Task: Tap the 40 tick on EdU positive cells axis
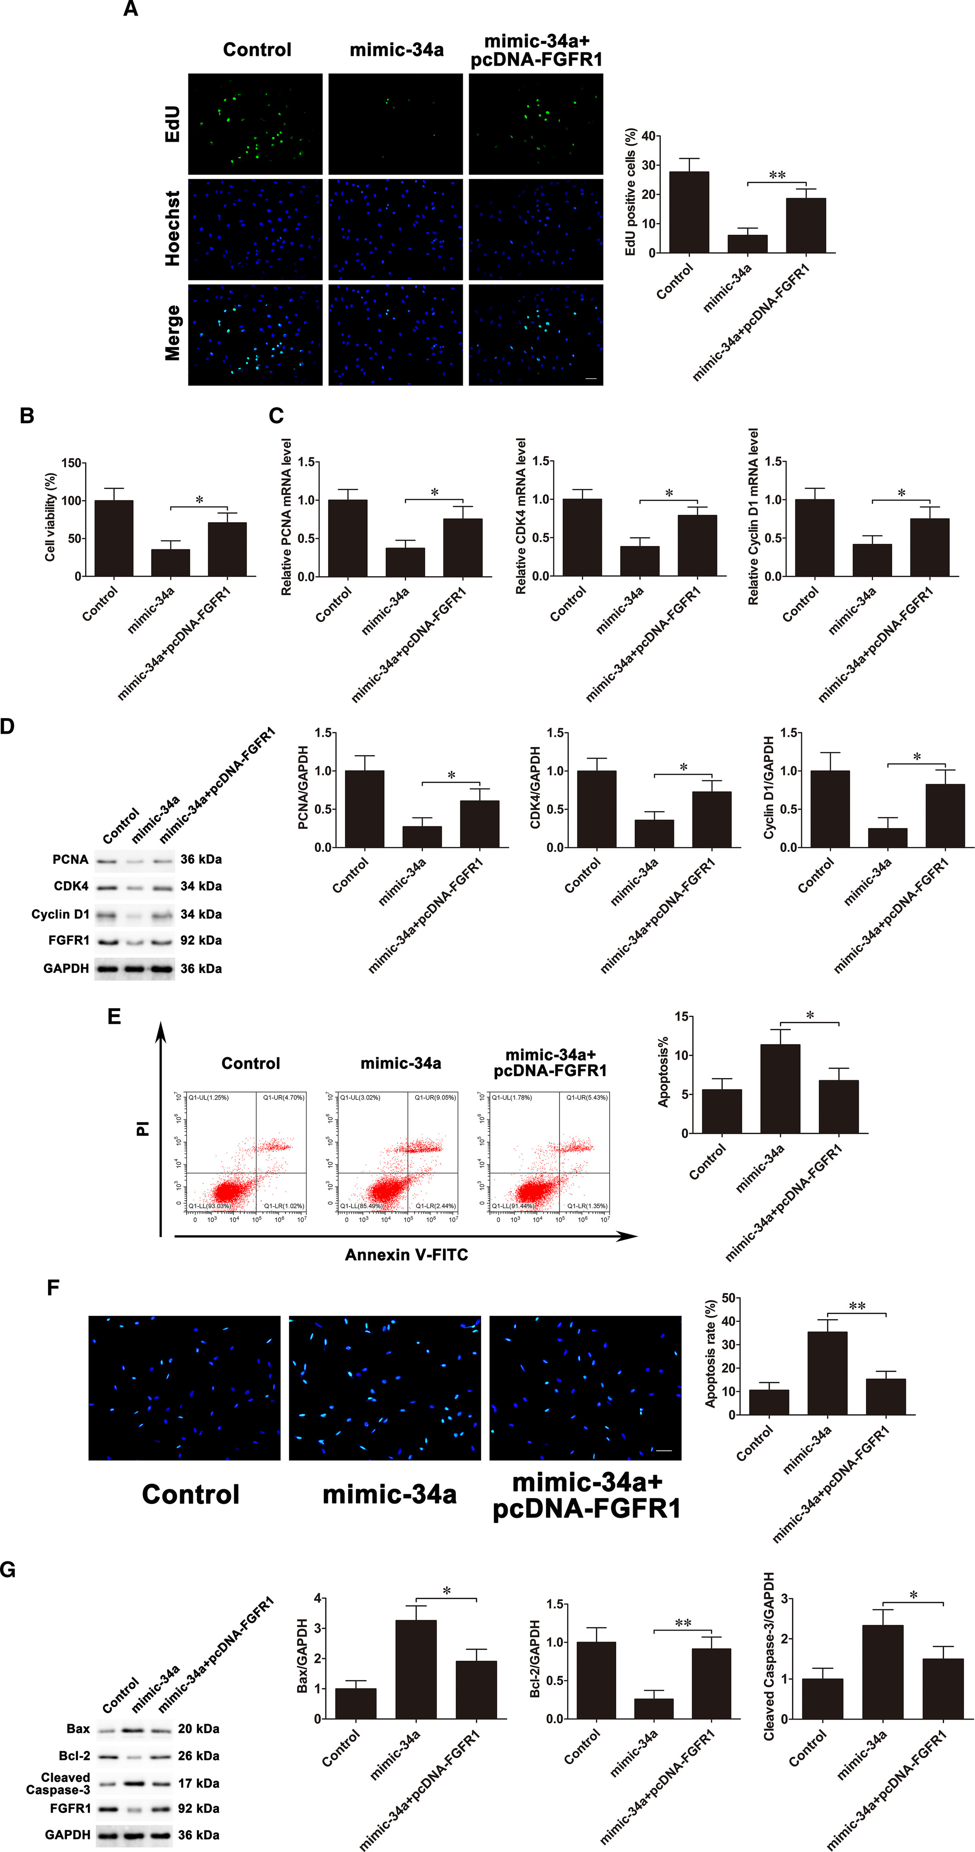point(648,136)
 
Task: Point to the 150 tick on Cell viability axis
point(71,463)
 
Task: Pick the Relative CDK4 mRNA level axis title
point(521,516)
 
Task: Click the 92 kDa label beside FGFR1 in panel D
point(201,940)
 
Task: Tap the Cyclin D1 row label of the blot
point(60,914)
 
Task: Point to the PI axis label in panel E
point(143,1129)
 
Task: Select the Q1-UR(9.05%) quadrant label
point(435,1098)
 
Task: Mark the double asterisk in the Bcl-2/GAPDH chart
point(683,1623)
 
